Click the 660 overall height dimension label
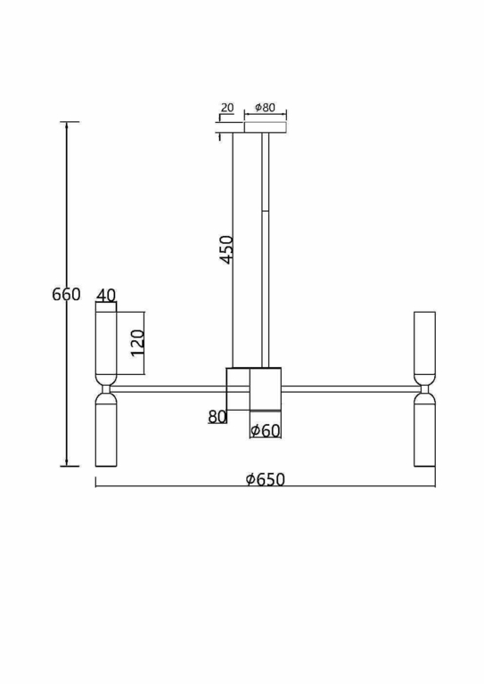click(x=66, y=295)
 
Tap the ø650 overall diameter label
click(x=266, y=479)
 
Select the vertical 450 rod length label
click(x=227, y=249)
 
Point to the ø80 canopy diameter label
click(x=266, y=107)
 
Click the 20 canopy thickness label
click(x=227, y=107)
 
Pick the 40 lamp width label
click(x=106, y=296)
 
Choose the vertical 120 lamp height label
click(x=138, y=343)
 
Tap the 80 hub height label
click(x=217, y=417)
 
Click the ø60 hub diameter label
click(x=266, y=431)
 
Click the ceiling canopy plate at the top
click(x=266, y=127)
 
